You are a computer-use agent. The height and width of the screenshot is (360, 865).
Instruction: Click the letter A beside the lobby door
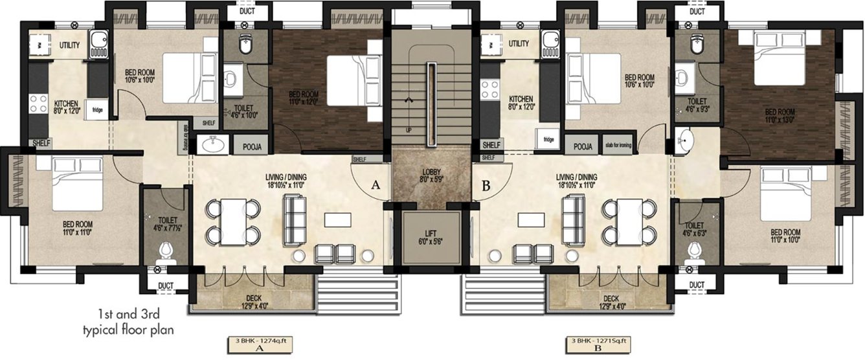375,185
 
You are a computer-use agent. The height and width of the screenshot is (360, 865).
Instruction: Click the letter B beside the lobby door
487,185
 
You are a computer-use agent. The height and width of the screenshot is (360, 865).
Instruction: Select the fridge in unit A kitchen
98,109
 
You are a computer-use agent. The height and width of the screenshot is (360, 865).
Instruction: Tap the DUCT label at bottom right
696,285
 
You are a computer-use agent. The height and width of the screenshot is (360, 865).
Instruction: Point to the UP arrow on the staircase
408,100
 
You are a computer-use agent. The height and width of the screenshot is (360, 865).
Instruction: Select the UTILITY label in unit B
519,43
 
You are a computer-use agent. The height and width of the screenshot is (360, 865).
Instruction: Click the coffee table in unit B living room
530,220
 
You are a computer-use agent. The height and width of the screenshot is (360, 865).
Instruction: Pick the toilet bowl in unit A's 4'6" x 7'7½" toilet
166,250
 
